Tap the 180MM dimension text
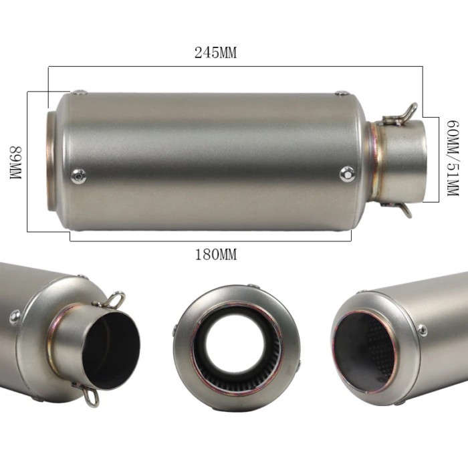215,254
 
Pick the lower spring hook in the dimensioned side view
403,209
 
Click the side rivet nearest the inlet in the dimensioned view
346,174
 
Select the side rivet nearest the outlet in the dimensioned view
80,176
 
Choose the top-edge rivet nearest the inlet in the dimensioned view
342,94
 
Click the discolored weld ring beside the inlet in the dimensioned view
375,162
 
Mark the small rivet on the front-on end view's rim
176,330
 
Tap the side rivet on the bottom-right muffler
422,330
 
